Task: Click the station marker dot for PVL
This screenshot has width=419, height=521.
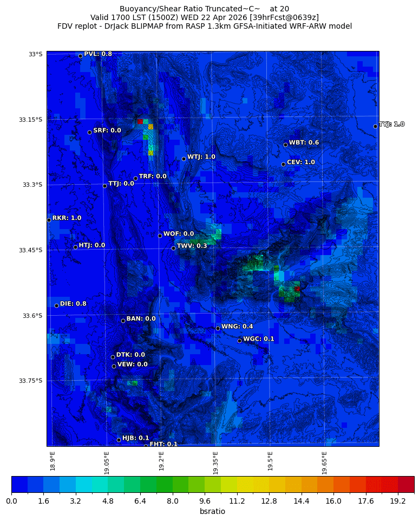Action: pos(80,56)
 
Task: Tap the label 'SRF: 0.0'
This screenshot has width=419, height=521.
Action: pos(107,131)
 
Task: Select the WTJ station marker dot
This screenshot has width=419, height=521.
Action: pos(184,159)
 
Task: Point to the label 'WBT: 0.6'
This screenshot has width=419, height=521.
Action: pos(304,142)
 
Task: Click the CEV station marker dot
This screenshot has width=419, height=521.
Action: pos(283,164)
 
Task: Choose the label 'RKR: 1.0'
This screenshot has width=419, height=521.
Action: pos(67,218)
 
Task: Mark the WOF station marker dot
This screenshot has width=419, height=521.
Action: pos(160,236)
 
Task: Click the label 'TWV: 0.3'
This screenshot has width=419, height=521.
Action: pos(192,246)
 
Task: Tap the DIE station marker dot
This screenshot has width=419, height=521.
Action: pos(56,305)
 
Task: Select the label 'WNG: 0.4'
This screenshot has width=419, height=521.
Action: pos(237,327)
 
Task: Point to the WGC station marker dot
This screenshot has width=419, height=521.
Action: pos(239,341)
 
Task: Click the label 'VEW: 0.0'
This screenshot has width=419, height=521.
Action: pos(133,364)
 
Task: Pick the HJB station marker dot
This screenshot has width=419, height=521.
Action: pos(119,440)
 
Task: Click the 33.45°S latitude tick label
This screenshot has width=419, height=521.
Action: pos(30,250)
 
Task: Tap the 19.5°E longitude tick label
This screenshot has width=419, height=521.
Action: pos(270,460)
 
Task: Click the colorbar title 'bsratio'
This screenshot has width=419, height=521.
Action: pos(212,512)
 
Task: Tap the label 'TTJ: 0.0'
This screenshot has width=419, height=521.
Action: pos(121,184)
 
